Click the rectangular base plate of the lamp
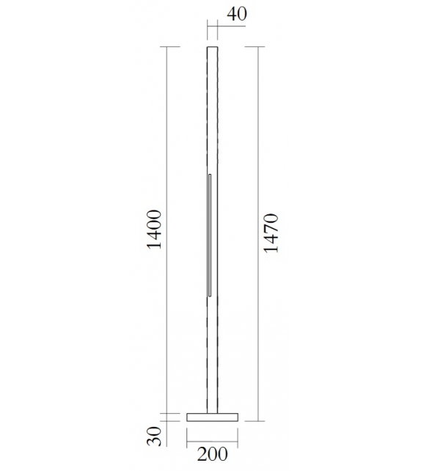[x=213, y=417]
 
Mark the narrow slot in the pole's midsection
[x=210, y=235]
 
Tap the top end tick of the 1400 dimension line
[x=170, y=48]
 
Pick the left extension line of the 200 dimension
[x=187, y=437]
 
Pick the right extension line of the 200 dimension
[x=238, y=437]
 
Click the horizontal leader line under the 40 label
[x=220, y=28]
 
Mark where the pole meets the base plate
[x=213, y=412]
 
